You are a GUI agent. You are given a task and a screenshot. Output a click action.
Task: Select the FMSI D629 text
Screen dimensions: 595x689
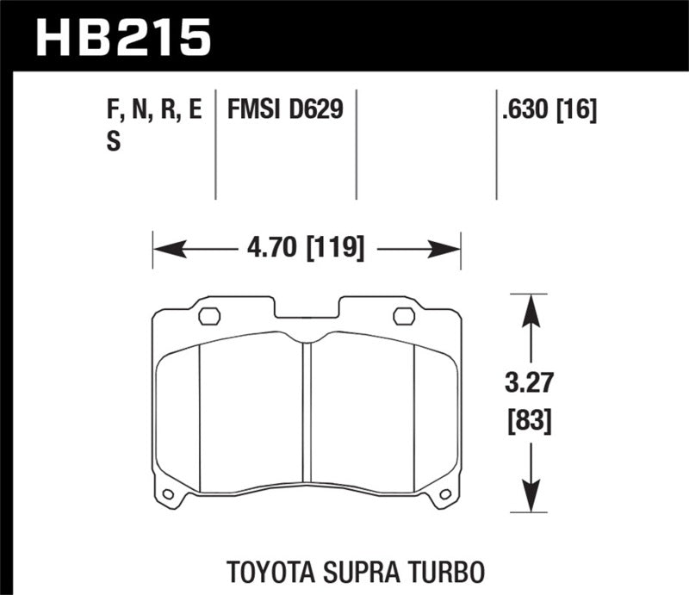point(285,109)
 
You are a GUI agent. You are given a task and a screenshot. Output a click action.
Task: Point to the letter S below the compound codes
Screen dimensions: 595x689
point(113,143)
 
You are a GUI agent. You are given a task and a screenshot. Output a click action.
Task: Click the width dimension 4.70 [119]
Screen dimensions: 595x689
point(307,250)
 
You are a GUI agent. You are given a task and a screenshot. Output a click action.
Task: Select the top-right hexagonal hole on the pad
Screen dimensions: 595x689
point(403,316)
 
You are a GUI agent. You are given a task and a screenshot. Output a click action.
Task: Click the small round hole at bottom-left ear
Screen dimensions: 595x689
point(168,494)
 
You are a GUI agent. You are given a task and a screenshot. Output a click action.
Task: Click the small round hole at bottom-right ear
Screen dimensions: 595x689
point(445,494)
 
